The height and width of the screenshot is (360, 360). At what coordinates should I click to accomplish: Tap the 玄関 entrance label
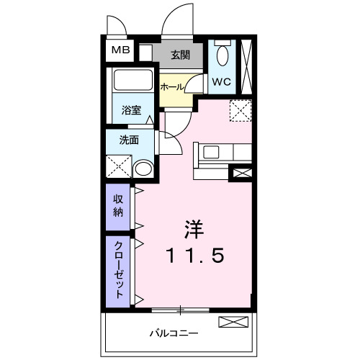pyautogui.click(x=179, y=54)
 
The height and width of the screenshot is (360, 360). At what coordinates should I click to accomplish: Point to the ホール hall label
pyautogui.click(x=171, y=86)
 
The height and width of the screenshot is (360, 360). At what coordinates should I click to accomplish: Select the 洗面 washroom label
pyautogui.click(x=130, y=140)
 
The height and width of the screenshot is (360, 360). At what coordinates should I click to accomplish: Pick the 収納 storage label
pyautogui.click(x=117, y=204)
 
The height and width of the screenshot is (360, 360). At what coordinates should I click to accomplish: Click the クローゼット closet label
pyautogui.click(x=117, y=269)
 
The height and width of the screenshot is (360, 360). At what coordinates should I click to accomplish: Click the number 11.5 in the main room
pyautogui.click(x=194, y=255)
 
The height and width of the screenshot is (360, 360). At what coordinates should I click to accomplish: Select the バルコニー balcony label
pyautogui.click(x=174, y=333)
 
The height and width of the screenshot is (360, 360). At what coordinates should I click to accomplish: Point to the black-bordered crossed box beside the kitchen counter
pyautogui.click(x=240, y=173)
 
